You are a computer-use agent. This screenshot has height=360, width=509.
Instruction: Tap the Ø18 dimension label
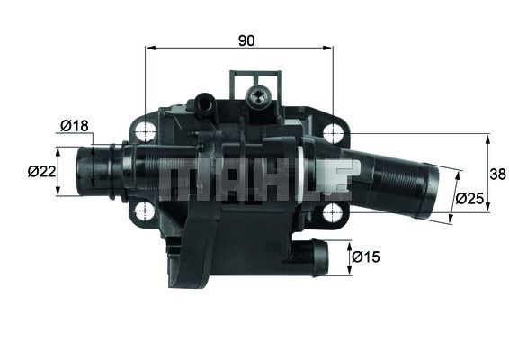(x=74, y=126)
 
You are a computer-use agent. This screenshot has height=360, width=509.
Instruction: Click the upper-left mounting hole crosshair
(x=144, y=131)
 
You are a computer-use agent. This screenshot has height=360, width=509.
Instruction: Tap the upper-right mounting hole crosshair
(x=333, y=132)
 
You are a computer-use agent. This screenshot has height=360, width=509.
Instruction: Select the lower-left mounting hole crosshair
(x=144, y=211)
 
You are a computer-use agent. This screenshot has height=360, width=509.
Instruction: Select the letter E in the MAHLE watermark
(x=335, y=179)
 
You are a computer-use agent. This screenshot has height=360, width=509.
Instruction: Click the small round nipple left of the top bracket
(x=205, y=103)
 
